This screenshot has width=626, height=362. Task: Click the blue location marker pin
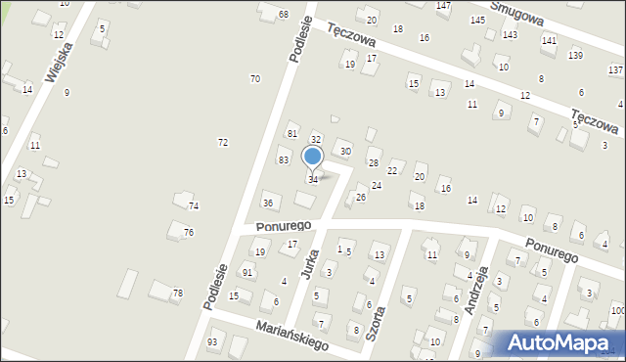[x=313, y=157]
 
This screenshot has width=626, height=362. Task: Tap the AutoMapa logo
[x=562, y=342]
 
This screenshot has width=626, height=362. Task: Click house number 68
[x=283, y=15]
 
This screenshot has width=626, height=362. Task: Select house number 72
[x=223, y=143]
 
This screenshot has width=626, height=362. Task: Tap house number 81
[x=291, y=133]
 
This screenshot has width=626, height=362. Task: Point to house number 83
[x=283, y=159]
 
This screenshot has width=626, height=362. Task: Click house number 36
[x=268, y=203]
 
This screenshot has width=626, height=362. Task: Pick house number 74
[x=194, y=205]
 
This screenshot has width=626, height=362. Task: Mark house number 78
[x=177, y=294]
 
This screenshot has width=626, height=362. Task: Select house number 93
[x=212, y=341]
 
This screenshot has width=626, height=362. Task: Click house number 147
[x=443, y=6]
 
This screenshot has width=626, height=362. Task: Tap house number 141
[x=549, y=41]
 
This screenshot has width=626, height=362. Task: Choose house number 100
[x=617, y=311]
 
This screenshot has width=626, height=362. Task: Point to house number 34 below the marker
[x=313, y=180]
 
